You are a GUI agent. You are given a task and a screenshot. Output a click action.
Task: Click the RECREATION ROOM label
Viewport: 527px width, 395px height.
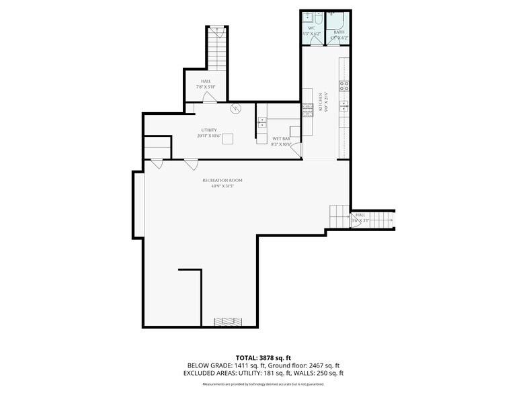[x=222, y=180]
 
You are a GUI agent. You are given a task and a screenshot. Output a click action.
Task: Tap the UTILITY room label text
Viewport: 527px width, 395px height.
[x=209, y=130]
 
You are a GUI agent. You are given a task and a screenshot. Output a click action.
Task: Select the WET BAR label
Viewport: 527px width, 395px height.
[x=281, y=139]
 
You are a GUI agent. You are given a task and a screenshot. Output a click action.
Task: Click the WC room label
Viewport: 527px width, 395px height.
[x=311, y=28]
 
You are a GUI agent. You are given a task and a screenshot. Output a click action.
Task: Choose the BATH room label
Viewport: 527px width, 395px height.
[x=339, y=32]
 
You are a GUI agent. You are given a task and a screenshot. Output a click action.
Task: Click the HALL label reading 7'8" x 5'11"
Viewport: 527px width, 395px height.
[x=206, y=81]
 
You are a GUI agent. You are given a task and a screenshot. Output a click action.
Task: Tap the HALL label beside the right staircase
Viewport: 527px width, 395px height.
[x=360, y=215]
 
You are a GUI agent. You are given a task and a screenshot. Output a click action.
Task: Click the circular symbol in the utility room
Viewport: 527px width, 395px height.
[x=235, y=108]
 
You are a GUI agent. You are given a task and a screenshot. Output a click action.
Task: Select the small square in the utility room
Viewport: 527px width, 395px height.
[x=229, y=138]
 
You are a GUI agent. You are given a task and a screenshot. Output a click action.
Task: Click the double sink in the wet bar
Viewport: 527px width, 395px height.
[x=262, y=122]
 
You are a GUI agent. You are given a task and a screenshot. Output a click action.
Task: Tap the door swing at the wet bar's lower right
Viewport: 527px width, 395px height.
[x=295, y=151]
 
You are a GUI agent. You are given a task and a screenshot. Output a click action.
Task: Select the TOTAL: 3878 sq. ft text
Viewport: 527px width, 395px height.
[x=263, y=357]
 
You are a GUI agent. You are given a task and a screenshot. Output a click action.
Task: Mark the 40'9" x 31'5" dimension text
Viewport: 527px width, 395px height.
[x=222, y=186]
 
